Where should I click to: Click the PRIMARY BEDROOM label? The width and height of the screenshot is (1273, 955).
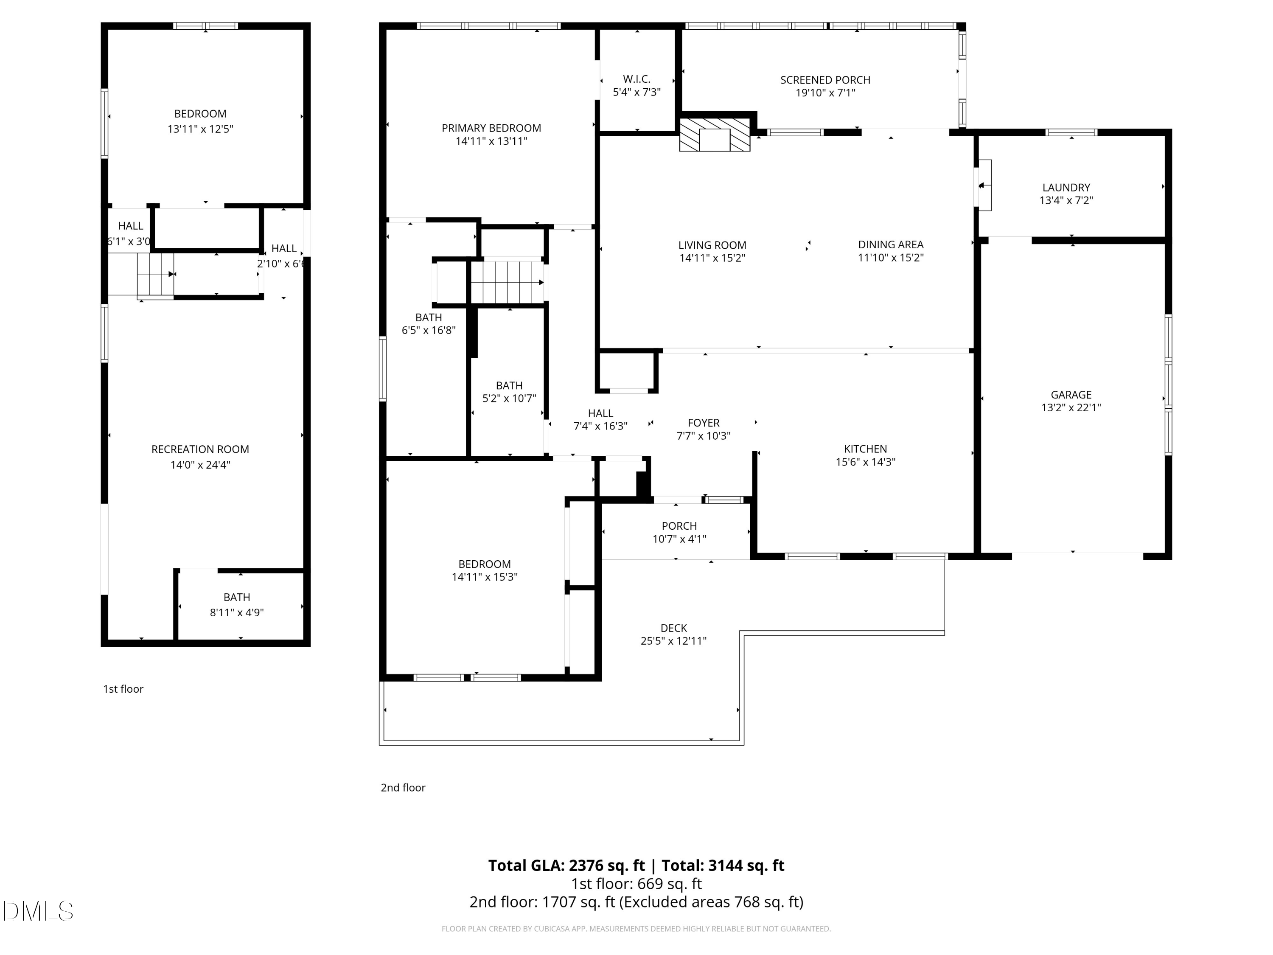coord(491,128)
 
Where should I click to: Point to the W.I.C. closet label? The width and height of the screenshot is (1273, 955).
coord(636,79)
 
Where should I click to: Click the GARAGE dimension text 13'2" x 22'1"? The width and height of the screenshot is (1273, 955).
coord(1071,407)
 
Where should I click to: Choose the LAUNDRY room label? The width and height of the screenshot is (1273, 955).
coord(1066,188)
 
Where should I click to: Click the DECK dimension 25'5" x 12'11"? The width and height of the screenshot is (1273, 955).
coord(673,640)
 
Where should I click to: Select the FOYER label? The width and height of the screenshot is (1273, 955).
coord(703,423)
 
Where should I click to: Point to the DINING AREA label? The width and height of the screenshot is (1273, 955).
coord(891,244)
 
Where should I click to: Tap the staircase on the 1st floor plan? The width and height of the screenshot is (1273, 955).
coord(155,276)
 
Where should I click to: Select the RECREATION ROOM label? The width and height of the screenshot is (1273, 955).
coord(200,449)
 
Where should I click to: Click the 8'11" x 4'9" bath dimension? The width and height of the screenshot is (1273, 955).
coord(236,612)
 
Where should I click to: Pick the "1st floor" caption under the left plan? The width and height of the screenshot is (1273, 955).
coord(123,689)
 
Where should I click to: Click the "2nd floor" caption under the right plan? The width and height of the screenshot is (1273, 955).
coord(403,787)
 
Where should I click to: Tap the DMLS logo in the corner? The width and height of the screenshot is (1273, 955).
coord(38,911)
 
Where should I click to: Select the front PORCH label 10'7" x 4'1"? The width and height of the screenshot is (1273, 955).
coord(679,533)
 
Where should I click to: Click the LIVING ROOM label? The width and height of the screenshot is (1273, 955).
coord(712,245)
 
